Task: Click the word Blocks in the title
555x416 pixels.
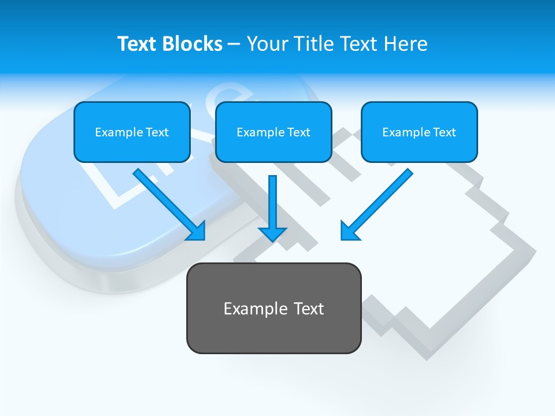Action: (193, 44)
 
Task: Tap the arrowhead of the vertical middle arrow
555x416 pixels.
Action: (272, 233)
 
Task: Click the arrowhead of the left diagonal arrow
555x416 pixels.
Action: (197, 232)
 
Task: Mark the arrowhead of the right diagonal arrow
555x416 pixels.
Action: (349, 231)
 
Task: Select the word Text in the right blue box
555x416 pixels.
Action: (444, 132)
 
